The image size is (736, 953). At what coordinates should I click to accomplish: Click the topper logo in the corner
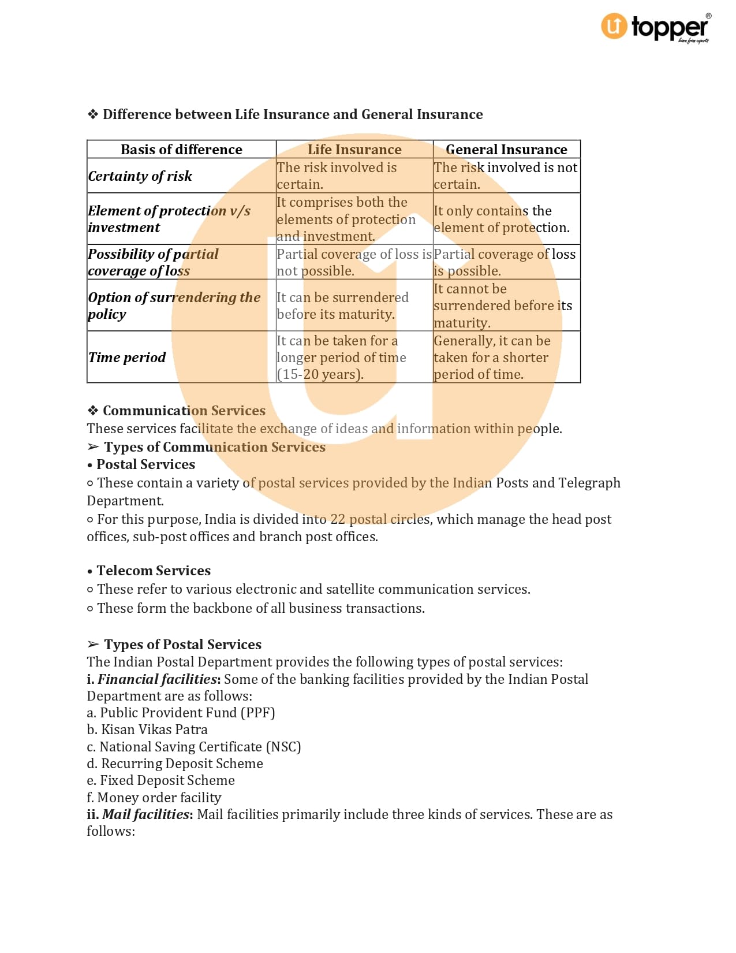656,28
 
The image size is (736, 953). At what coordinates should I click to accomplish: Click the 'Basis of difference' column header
181,150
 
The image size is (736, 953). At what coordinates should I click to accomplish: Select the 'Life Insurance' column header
354,150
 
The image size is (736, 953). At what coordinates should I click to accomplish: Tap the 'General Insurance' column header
506,150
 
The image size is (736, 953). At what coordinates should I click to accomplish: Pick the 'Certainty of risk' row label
140,176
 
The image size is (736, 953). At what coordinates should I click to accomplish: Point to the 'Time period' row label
127,358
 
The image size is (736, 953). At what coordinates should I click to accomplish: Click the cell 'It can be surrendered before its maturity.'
343,306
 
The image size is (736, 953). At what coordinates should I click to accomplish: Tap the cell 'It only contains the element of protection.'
501,219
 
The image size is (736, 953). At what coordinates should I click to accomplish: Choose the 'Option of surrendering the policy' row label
174,306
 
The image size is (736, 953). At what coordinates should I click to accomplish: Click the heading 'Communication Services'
184,411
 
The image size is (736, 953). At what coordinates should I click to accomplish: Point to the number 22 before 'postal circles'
338,519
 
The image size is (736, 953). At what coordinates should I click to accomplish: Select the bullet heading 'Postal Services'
145,464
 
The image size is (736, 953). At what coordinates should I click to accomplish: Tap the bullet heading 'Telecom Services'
154,571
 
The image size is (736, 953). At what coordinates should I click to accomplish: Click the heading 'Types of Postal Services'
182,645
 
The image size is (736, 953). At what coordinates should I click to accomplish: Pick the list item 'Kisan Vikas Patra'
154,729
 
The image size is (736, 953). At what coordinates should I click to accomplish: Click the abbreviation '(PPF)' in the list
258,713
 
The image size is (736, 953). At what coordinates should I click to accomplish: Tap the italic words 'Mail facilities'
146,814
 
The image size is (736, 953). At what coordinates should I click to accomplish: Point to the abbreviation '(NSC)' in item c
283,747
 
